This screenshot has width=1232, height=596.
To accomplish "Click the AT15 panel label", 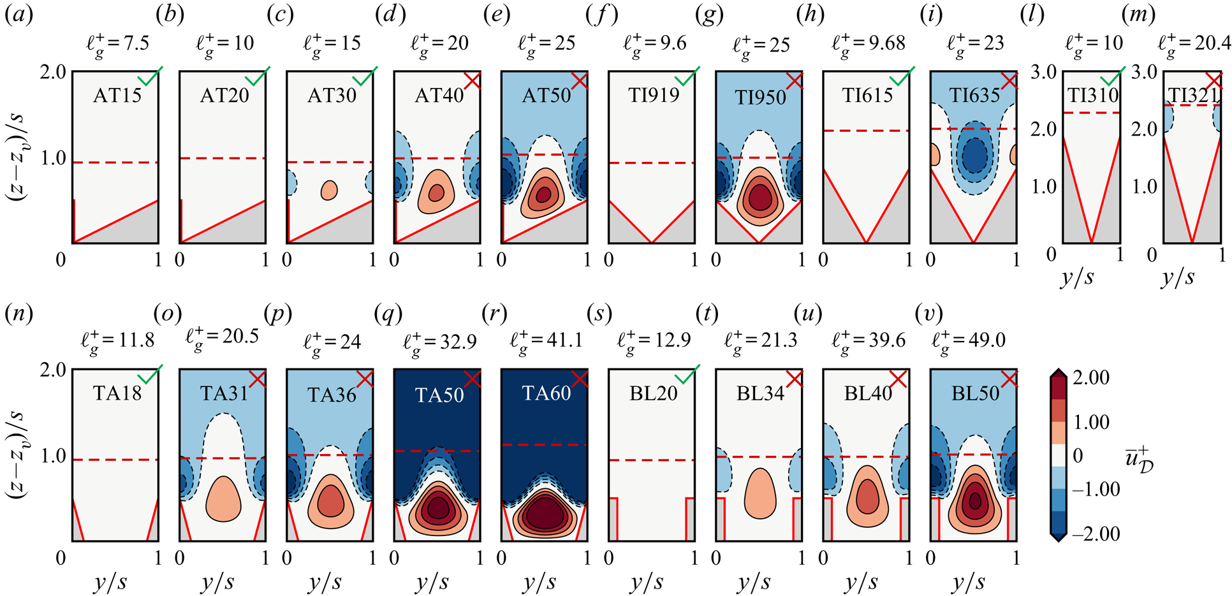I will pos(117,95).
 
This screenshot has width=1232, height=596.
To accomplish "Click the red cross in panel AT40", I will pos(473,80).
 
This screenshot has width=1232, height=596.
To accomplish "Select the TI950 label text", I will pos(760,97).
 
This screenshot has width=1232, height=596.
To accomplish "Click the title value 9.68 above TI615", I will pos(886,43).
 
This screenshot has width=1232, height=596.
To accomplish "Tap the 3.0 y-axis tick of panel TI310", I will pos(1044,72).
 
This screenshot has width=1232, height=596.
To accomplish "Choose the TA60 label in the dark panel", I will pos(546,393).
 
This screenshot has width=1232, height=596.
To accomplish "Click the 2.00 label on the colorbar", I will pos(1091,377).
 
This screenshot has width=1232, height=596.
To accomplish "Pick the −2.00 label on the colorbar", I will pos(1096,533).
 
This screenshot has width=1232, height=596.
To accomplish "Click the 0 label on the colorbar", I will pos(1078,455).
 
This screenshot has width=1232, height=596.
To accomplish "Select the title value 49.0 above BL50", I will pos(987,340).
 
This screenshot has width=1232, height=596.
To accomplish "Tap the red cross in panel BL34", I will pos(794,379).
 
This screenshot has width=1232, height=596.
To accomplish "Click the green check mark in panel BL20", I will pos(687,375).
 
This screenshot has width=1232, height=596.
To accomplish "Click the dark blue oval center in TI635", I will pos(973,155).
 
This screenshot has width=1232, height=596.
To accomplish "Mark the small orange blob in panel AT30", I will pos(329,190).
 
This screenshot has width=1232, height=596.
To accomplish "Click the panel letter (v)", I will pos(928,313).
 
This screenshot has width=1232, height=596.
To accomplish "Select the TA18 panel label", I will pos(117,393).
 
